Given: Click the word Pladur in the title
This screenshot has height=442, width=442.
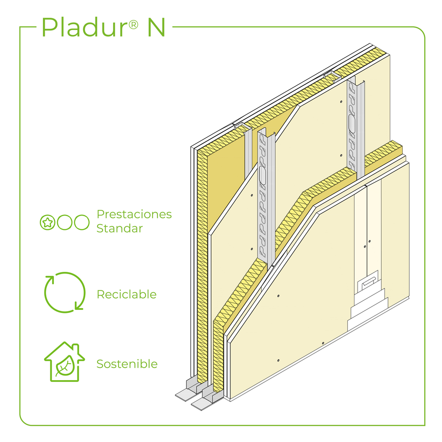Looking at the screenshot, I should coord(84,27).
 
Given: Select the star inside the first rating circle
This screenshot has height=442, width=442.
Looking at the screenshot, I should coord(47,222).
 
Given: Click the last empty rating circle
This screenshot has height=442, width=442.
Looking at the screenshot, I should coord(82,222).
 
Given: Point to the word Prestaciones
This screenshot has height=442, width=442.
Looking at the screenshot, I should coord(134,215).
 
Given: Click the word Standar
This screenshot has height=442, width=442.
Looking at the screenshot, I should coord(119,229).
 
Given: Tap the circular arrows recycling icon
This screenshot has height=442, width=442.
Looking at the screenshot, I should coord(65,292).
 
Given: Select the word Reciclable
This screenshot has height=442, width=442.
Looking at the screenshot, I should coord(126,294).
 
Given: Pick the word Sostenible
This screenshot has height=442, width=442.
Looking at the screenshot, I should coord(127,364).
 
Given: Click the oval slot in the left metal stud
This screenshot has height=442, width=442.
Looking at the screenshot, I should coord(263,175).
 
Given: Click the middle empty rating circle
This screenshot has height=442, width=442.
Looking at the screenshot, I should coord(65,222).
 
